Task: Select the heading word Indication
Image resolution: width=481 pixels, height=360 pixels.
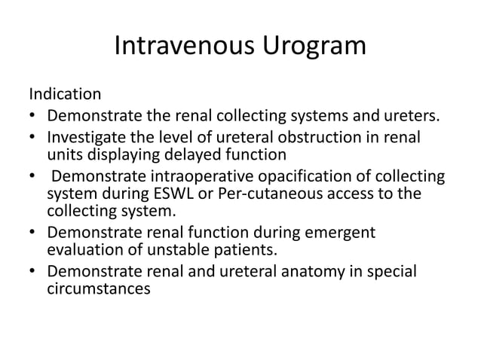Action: tap(65, 96)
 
